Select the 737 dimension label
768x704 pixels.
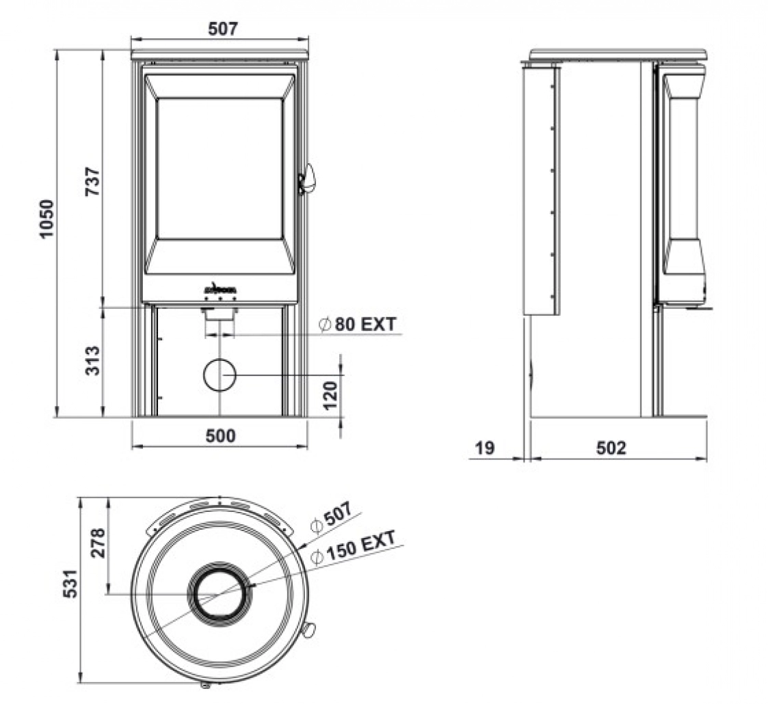click(x=92, y=182)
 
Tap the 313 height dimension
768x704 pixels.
click(x=92, y=360)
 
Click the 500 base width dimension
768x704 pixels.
click(x=220, y=435)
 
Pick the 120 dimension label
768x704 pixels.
click(x=330, y=394)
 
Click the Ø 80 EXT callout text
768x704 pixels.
click(x=357, y=324)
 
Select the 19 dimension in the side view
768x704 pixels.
click(x=484, y=448)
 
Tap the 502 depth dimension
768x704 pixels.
click(x=611, y=448)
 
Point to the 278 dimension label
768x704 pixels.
click(x=98, y=543)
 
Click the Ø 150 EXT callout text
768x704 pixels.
click(x=353, y=547)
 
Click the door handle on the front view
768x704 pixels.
click(x=308, y=179)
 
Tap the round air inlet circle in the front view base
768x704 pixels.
click(x=220, y=375)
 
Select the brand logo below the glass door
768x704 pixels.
click(x=220, y=288)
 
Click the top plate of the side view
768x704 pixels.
click(x=618, y=54)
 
